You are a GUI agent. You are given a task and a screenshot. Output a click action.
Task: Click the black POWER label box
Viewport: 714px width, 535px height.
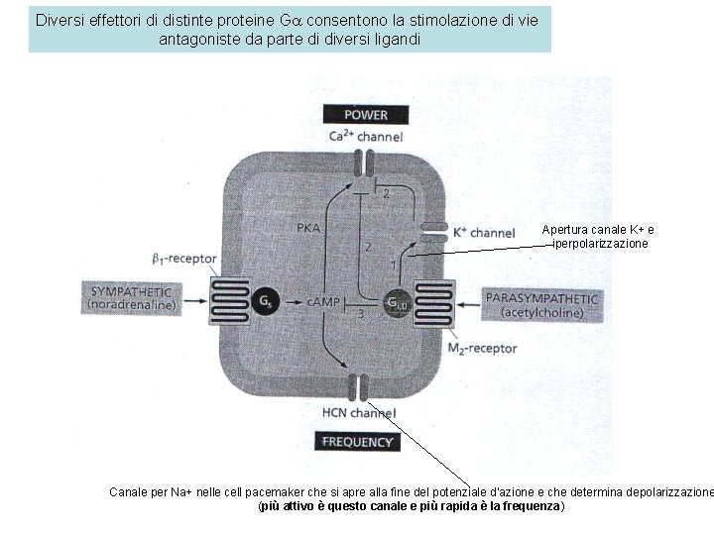(365, 114)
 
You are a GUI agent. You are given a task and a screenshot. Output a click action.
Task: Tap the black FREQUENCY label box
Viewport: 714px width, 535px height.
(354, 442)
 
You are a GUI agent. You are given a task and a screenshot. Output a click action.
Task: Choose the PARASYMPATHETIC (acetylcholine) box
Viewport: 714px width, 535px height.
(541, 303)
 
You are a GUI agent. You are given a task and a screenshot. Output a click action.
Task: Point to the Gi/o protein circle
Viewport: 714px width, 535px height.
(396, 301)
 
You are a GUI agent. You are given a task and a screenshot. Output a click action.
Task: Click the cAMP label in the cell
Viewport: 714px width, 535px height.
(322, 300)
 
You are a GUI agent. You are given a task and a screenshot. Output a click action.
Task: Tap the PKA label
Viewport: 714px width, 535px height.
(308, 227)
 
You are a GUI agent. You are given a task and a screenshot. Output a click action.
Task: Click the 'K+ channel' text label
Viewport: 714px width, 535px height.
(483, 233)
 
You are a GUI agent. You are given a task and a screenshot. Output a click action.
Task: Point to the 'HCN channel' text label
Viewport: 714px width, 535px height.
(359, 412)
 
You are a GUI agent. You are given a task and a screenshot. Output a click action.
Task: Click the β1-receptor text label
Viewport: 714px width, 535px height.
(183, 259)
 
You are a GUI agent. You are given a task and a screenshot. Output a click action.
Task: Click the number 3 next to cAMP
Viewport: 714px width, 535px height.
(361, 314)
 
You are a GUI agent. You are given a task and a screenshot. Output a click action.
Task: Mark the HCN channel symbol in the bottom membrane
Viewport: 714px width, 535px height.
(357, 386)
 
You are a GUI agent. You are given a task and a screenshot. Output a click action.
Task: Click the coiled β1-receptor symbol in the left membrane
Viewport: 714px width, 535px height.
(227, 299)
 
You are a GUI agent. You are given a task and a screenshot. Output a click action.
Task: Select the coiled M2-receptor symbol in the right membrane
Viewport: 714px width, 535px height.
(432, 302)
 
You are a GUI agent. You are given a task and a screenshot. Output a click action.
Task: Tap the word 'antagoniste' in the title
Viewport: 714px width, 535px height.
(198, 40)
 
